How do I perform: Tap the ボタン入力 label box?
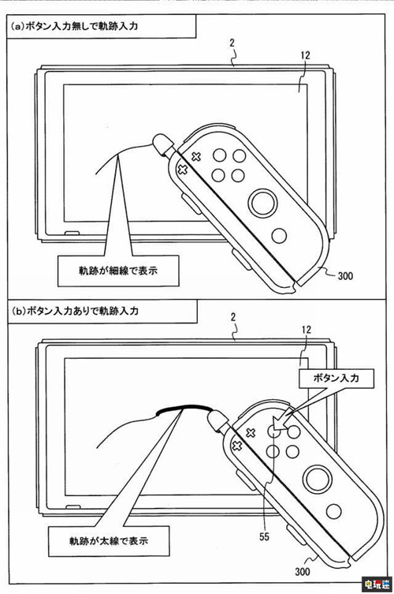tap(334, 379)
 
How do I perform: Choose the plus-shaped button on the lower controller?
tap(236, 446)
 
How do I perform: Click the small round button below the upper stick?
tap(278, 234)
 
